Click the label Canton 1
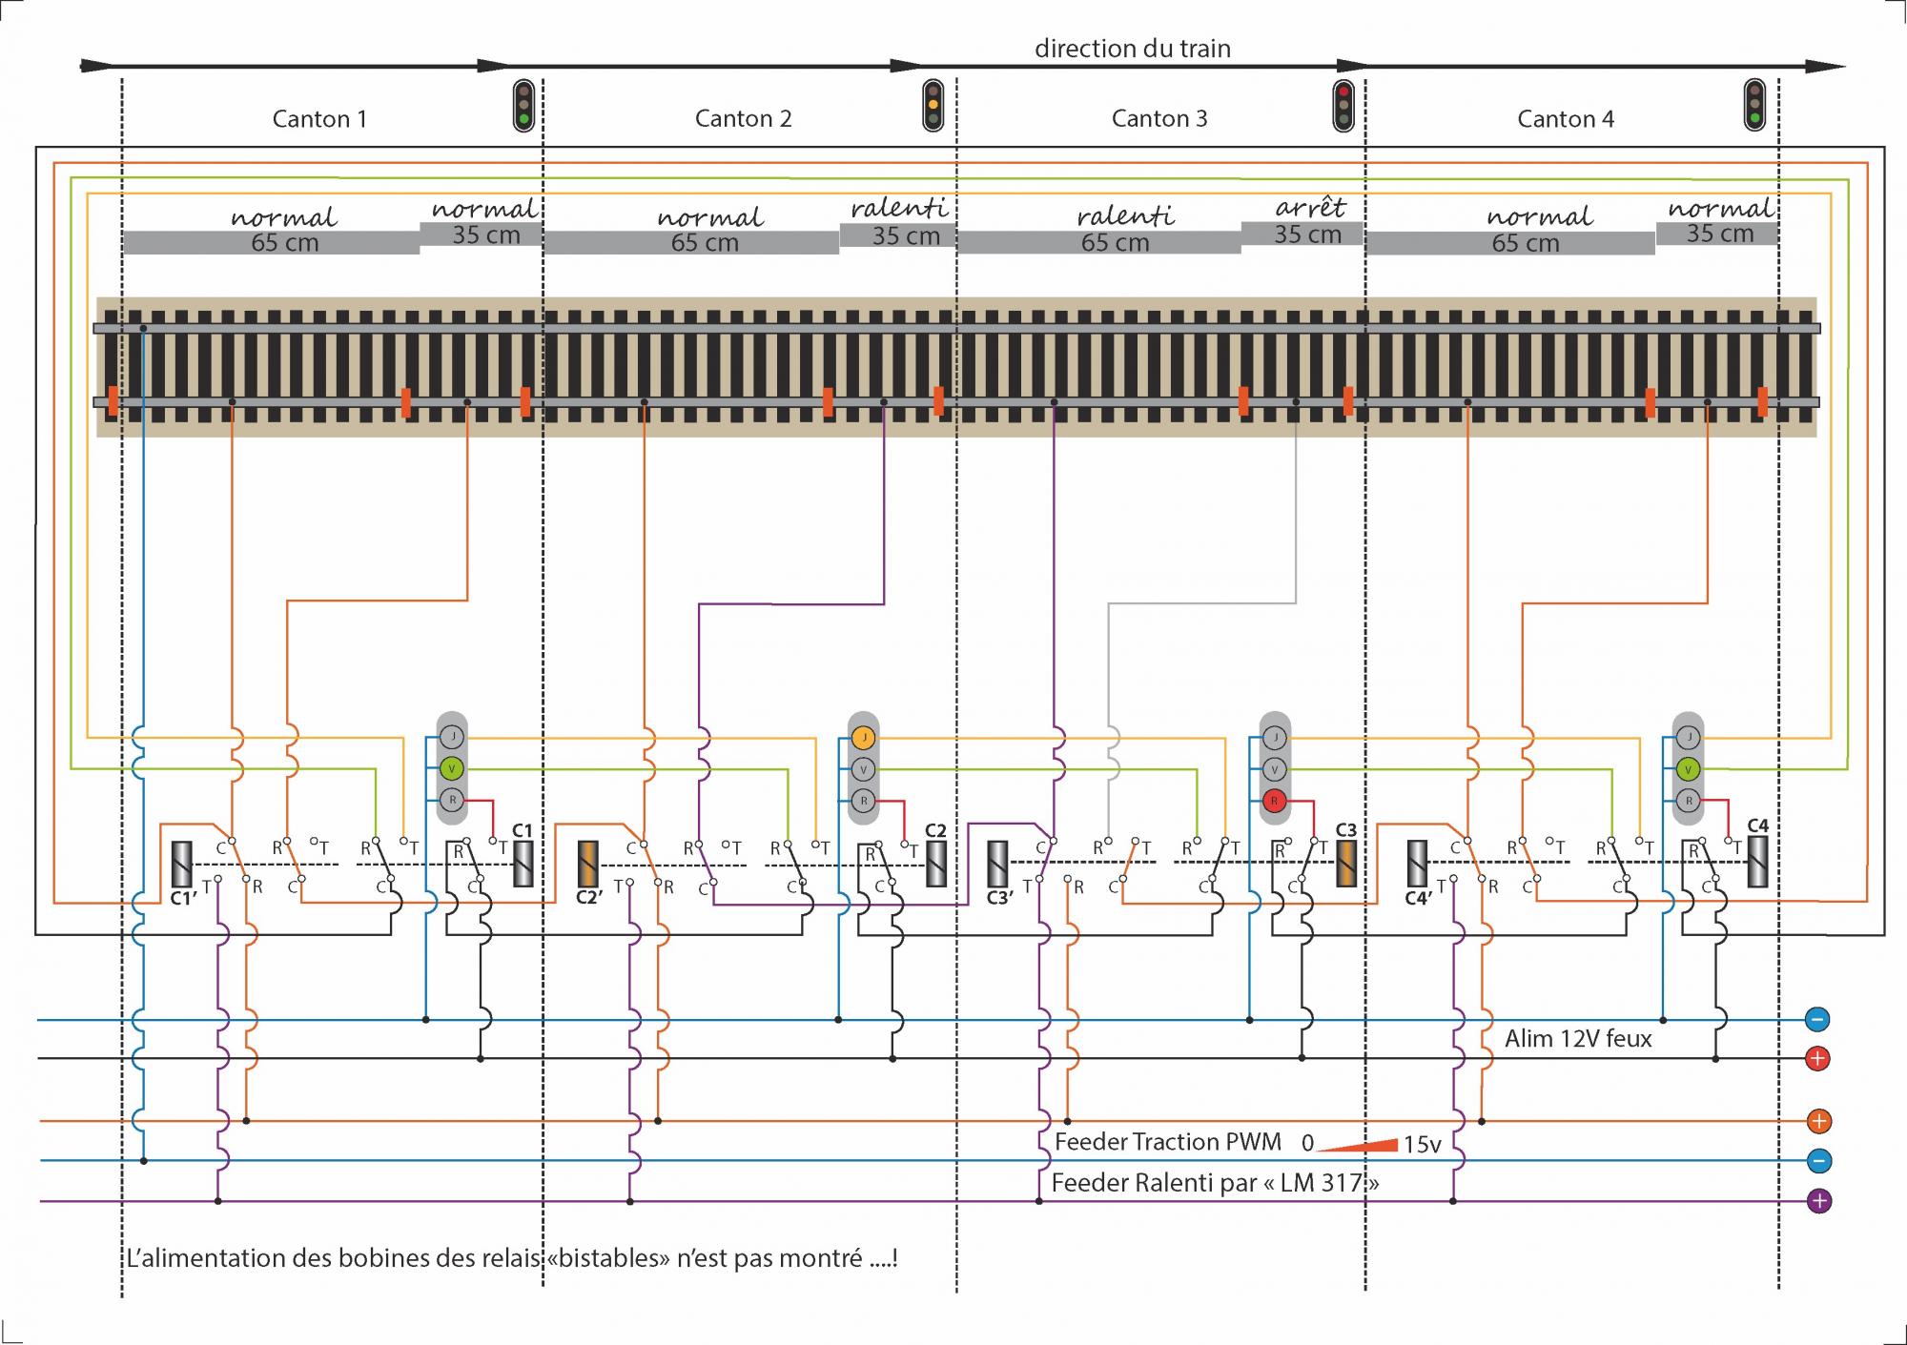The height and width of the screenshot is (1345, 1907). (319, 119)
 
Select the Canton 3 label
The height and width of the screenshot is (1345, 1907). (1159, 119)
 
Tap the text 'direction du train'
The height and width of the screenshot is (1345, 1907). (1133, 49)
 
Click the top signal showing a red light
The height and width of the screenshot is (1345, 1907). (1343, 105)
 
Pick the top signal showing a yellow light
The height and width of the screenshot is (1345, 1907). (933, 105)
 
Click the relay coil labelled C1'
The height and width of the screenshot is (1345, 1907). (180, 865)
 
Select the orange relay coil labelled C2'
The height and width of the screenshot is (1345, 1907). (588, 865)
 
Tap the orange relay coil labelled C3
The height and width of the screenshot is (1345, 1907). (1345, 864)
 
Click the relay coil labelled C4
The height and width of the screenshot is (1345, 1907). (1757, 862)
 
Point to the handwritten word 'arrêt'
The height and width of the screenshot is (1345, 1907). (1310, 208)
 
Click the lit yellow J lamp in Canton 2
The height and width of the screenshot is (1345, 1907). (863, 738)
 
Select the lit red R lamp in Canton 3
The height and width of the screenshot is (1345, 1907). (1274, 801)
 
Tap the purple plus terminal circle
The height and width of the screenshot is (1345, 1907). (1818, 1201)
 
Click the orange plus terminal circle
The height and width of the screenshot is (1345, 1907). (1818, 1121)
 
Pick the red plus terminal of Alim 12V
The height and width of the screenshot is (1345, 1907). (1817, 1058)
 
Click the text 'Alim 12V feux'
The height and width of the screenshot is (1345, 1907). (1578, 1039)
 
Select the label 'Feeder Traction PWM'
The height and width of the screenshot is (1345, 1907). (1167, 1142)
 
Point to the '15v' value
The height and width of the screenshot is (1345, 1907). (1422, 1144)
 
